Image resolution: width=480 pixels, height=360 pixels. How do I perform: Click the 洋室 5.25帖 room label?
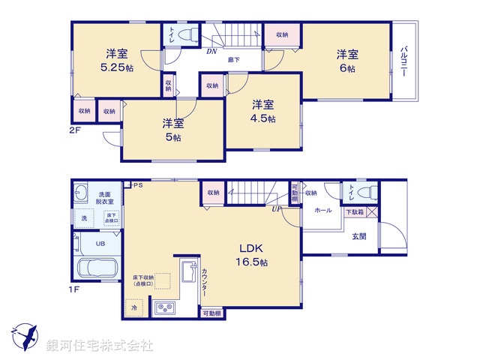(115, 60)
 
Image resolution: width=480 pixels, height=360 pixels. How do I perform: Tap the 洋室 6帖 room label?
(346, 60)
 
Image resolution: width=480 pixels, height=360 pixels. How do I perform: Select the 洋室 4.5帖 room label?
(262, 111)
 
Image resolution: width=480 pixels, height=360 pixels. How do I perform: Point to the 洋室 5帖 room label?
(173, 130)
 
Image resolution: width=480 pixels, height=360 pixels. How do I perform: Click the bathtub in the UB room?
(95, 268)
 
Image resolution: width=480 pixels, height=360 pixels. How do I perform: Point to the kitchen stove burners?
(165, 307)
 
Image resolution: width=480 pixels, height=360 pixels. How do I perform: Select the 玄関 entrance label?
(360, 236)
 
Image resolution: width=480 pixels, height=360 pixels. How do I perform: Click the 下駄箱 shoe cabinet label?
(354, 213)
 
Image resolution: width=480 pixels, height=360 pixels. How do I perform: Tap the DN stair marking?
(212, 52)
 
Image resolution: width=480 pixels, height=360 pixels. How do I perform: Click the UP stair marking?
(277, 208)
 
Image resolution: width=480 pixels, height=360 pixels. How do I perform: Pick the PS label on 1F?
(138, 184)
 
